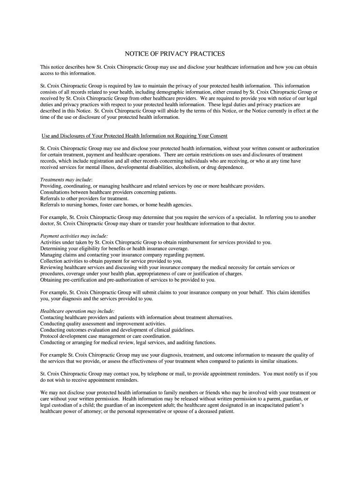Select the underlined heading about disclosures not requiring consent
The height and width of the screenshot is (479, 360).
pos(135,136)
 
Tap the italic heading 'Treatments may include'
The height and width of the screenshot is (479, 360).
pos(66,180)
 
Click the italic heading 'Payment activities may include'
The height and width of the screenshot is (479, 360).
pos(74,236)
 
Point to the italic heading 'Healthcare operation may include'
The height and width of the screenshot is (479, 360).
pos(77,311)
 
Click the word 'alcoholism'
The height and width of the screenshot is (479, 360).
pos(187,167)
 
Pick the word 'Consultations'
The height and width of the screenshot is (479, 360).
pos(55,192)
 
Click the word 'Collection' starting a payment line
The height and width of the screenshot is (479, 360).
pos(51,261)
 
